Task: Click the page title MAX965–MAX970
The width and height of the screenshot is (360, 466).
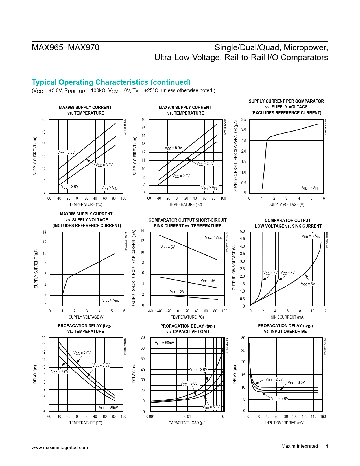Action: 66,47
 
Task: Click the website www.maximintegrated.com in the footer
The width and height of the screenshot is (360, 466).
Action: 60,447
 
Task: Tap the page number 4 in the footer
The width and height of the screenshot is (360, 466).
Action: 327,446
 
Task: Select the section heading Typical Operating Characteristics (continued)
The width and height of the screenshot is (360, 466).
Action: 111,82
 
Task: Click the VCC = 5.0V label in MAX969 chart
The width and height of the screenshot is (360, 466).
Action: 66,153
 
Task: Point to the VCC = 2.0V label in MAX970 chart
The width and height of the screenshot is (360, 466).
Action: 181,176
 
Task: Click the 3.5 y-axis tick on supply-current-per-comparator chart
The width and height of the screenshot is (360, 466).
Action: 243,120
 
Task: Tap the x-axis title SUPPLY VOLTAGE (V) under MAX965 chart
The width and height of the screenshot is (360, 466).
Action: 87,317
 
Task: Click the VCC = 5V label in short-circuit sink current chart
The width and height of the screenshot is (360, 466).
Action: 168,247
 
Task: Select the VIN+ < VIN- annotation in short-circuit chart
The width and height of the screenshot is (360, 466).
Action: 213,238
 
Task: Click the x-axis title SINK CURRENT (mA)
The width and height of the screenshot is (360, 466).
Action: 287,317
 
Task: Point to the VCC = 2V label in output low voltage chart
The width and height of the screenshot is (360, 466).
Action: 270,273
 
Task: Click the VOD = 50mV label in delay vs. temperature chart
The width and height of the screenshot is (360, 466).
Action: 108,407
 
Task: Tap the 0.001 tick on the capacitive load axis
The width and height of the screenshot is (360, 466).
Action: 150,417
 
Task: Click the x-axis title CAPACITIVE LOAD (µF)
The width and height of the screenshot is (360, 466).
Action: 187,423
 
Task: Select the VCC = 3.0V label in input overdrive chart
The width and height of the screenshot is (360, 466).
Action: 296,383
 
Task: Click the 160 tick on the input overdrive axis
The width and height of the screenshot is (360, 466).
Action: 323,417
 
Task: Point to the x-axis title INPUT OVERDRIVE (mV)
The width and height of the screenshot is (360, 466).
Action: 285,423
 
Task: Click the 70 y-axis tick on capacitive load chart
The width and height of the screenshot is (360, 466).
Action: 143,337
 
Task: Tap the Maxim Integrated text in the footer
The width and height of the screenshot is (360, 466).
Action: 299,446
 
